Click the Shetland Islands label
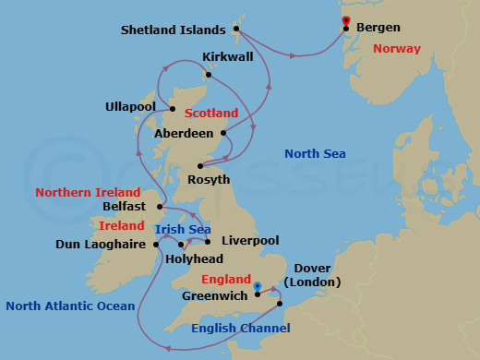tap(174, 30)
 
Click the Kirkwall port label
tap(227, 57)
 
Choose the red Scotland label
tap(211, 114)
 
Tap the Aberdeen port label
tap(181, 133)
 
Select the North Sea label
tap(315, 153)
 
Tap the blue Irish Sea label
tap(182, 229)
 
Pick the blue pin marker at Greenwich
tap(258, 286)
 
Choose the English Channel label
tap(240, 328)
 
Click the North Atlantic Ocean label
tap(70, 306)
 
